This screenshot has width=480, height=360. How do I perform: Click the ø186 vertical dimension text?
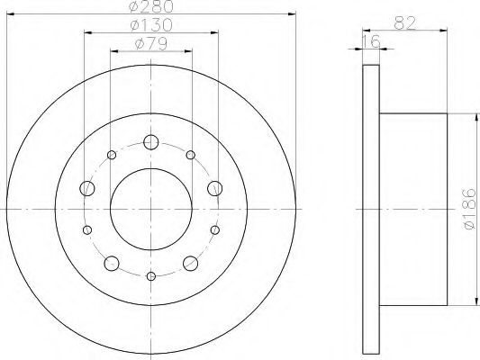pyautogui.click(x=467, y=209)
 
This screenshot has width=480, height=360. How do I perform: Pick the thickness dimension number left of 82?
pyautogui.click(x=372, y=41)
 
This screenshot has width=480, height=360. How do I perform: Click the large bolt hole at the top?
pyautogui.click(x=151, y=141)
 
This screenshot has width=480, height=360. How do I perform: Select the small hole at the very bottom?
pyautogui.click(x=151, y=275)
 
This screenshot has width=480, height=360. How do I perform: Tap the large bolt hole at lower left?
pyautogui.click(x=112, y=263)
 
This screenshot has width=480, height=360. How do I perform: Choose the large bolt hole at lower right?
pyautogui.click(x=191, y=263)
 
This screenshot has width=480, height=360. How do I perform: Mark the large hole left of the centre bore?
pyautogui.click(x=87, y=188)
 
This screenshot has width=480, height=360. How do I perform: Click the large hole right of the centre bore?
pyautogui.click(x=215, y=188)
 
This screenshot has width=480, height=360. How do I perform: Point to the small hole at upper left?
pyautogui.click(x=112, y=156)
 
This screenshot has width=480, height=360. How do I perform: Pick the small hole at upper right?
pyautogui.click(x=191, y=156)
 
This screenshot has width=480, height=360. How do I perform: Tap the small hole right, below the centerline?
pyautogui.click(x=214, y=230)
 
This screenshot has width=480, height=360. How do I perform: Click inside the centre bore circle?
pyautogui.click(x=151, y=209)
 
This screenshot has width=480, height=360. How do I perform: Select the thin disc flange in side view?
pyautogui.click(x=371, y=209)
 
